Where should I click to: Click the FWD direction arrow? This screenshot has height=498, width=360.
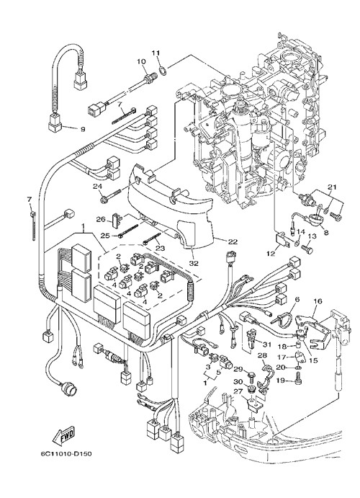pos(64,435)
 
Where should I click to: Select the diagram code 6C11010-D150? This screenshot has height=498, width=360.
pos(66,453)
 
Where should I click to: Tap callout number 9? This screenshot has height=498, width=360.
pos(83,129)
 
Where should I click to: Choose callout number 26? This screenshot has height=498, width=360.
pos(101,219)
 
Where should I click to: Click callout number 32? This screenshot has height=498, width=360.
pos(194,263)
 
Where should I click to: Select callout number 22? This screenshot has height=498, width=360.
pos(233,241)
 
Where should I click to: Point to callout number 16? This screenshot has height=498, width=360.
pos(318,301)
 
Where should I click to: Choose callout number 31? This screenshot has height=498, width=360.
pos(267,344)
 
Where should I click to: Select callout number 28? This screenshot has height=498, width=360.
pos(262,355)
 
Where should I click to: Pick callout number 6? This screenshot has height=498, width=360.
pos(297,299)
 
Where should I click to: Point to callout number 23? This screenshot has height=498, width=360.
pos(160,248)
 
